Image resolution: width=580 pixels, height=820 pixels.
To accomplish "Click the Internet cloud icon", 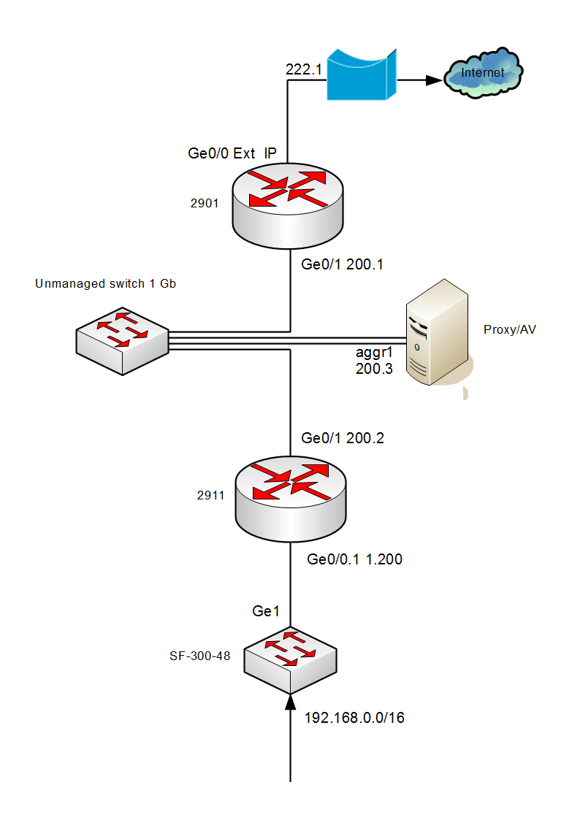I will click(x=484, y=74).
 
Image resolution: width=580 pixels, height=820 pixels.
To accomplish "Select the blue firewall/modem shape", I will click(x=362, y=74).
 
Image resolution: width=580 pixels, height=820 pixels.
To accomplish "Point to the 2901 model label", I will click(x=205, y=204).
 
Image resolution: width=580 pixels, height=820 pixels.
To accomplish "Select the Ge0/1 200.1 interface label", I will click(x=343, y=265).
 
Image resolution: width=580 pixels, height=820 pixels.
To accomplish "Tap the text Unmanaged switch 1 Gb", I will click(x=105, y=283).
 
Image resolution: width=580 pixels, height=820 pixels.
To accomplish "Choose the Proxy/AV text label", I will click(x=509, y=329).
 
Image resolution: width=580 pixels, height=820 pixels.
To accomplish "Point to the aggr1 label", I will click(x=373, y=354).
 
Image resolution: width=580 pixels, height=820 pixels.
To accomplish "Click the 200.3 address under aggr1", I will click(x=374, y=369).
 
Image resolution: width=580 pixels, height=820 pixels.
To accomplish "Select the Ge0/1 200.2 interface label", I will click(x=343, y=438).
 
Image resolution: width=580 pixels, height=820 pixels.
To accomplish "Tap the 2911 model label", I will click(x=211, y=494).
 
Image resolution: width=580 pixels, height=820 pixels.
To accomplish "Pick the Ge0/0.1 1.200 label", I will click(x=354, y=559).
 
